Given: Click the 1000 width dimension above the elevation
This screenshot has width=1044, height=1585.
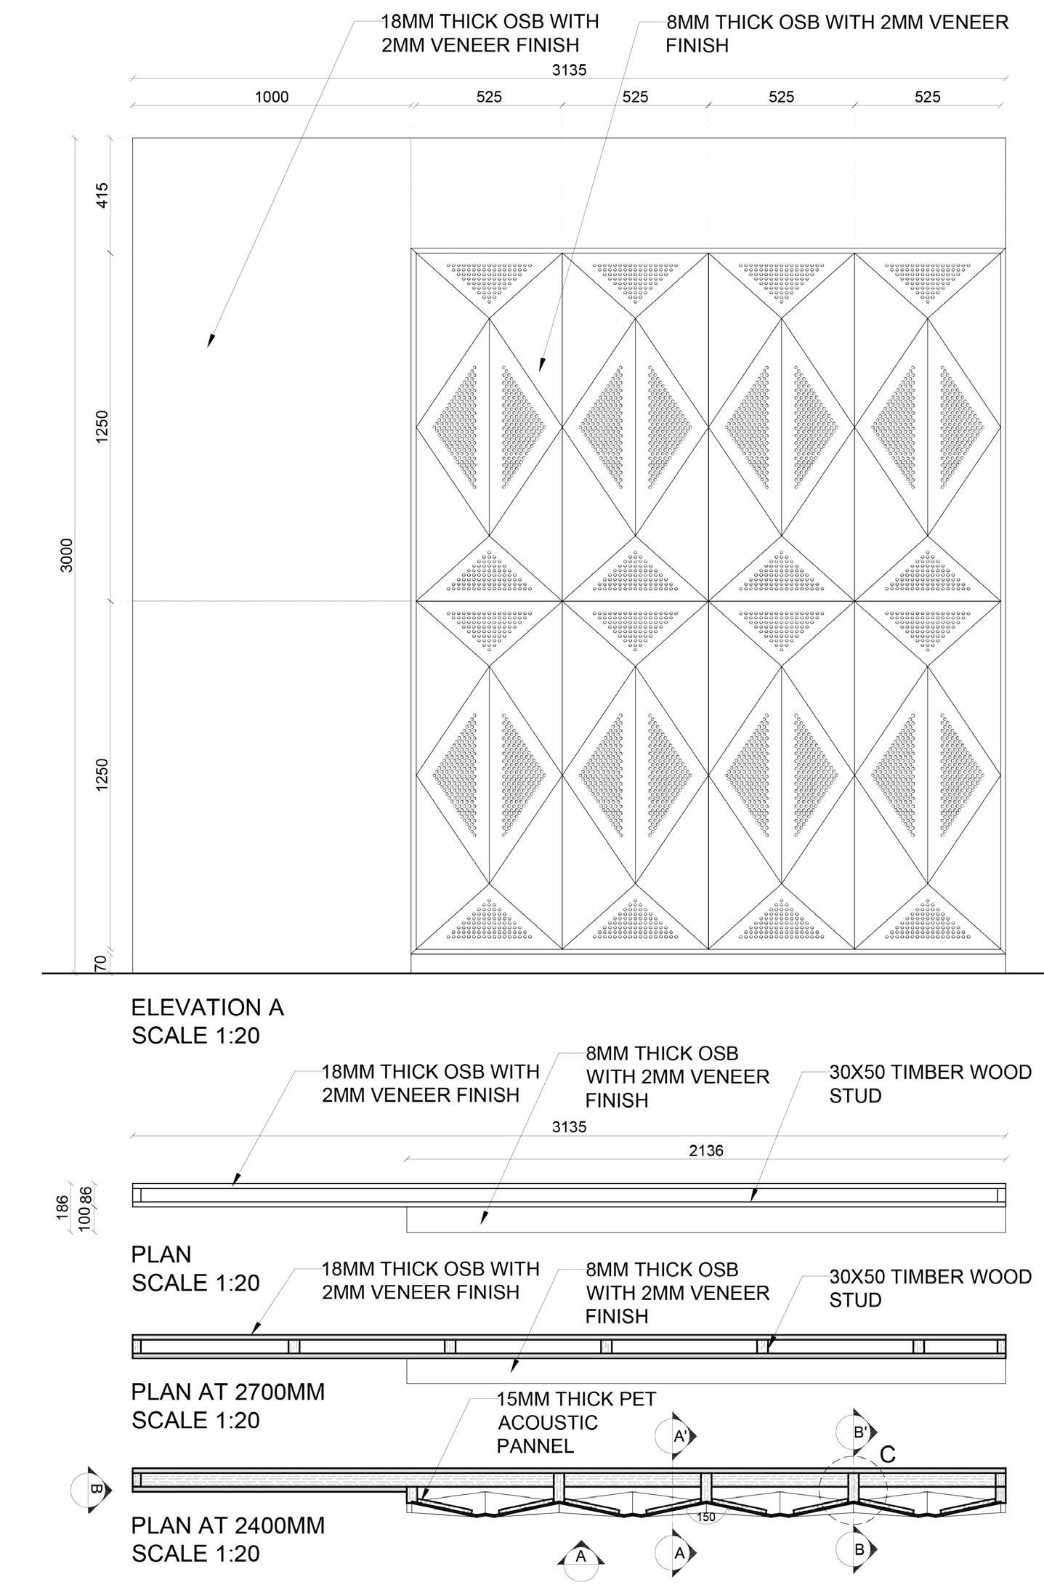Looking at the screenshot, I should (271, 97).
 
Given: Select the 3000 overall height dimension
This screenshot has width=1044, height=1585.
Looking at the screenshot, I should (67, 555).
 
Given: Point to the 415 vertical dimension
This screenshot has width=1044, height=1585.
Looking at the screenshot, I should (102, 195).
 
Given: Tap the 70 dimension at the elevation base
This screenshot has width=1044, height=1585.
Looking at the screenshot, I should (102, 963).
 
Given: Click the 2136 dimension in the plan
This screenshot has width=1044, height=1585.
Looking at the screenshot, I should (705, 1150).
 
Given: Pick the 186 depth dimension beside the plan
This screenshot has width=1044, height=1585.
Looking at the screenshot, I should (63, 1207).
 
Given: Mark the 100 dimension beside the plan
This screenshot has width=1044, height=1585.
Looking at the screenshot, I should (85, 1219).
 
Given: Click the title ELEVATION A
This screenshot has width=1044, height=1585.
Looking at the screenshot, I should (207, 1007).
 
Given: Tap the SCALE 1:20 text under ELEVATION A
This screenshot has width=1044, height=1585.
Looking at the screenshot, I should (195, 1035).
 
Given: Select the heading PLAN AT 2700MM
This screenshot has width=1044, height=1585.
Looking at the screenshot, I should (227, 1392).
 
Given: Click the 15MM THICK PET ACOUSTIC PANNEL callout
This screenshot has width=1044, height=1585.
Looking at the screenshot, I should (575, 1422).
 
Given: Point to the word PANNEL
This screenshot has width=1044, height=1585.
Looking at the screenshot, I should (535, 1445).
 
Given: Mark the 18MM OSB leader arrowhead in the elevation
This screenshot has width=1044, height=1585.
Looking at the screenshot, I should (210, 342).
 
